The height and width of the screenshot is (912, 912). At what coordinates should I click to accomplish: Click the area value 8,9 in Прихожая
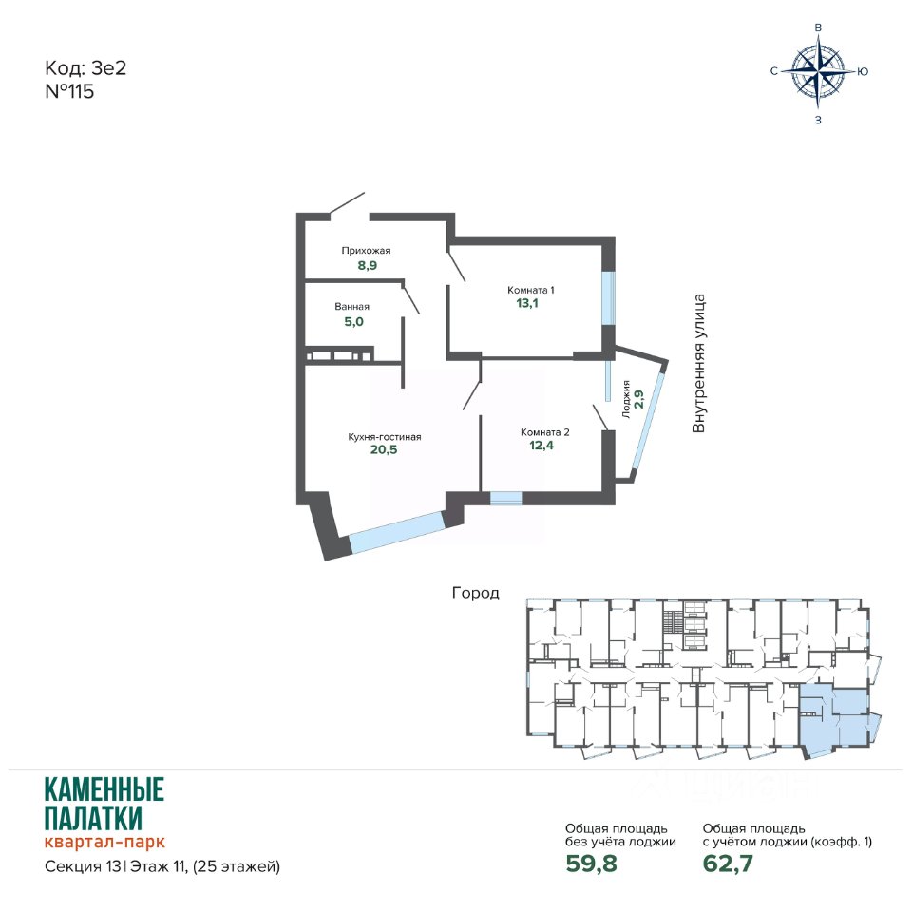(x=367, y=265)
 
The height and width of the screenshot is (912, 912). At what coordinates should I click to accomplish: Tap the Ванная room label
(x=351, y=307)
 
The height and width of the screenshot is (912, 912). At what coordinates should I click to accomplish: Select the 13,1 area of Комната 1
(x=527, y=303)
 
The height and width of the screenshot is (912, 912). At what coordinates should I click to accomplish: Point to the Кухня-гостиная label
(x=385, y=437)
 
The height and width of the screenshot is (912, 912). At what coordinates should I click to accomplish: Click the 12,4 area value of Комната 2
(x=541, y=446)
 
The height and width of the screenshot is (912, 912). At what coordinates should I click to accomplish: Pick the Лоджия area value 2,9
(x=638, y=399)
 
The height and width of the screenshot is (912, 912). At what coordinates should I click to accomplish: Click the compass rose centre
(x=818, y=71)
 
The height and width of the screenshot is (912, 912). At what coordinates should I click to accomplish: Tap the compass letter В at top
(x=818, y=28)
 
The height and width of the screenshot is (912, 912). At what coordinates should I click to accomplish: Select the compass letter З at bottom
(x=818, y=121)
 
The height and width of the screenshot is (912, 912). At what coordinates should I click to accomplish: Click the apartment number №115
(x=69, y=92)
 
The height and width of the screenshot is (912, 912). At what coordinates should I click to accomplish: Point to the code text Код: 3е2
(x=85, y=68)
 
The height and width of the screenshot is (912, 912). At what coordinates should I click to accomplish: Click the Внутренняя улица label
(x=698, y=364)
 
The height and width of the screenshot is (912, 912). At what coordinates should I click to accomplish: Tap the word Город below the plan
(x=476, y=593)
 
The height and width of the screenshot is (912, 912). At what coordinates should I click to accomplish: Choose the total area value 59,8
(x=591, y=864)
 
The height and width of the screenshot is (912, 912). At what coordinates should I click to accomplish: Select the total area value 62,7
(x=728, y=864)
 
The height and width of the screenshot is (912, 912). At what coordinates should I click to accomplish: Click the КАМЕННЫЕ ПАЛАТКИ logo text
(x=104, y=804)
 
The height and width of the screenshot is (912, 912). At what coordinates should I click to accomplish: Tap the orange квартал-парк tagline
(x=104, y=842)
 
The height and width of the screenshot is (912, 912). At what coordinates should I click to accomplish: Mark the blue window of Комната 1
(x=608, y=297)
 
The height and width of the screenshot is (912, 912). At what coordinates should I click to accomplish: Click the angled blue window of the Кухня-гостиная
(x=397, y=532)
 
